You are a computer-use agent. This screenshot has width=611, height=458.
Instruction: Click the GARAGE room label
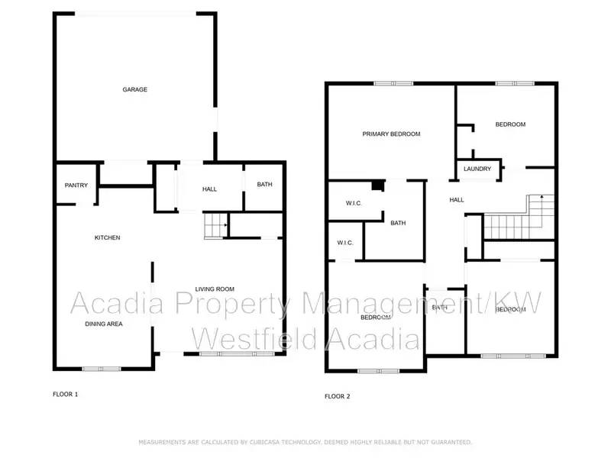pos(135,90)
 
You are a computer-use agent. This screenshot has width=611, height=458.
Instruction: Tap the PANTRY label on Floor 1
pos(76,185)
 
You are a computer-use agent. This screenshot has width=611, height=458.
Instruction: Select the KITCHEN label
pos(107,238)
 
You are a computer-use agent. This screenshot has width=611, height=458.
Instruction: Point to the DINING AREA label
pos(103,324)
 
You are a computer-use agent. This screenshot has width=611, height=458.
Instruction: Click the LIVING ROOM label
pos(215,289)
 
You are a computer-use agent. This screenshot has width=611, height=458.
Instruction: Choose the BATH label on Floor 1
pos(264,185)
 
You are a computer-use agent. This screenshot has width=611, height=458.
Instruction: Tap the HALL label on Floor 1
pos(210,189)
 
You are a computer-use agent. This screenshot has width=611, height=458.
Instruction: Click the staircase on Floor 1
pos(217,227)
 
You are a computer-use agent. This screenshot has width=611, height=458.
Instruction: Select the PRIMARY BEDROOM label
pos(391,134)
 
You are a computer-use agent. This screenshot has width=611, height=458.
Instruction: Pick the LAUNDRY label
pos(477,169)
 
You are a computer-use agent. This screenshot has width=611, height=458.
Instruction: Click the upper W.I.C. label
pos(353,204)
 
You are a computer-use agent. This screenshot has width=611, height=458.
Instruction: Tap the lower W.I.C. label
pos(345,244)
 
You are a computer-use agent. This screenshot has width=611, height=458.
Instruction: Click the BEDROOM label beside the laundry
pos(510,124)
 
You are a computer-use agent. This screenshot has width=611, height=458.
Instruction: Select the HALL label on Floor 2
pos(457,201)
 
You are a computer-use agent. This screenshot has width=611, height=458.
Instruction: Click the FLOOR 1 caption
pos(65,395)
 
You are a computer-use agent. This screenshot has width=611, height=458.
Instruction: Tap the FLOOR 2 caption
pos(337,396)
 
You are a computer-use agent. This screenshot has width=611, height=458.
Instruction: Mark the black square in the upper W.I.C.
pos(377,185)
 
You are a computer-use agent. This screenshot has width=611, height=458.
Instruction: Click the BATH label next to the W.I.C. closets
pos(398,224)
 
